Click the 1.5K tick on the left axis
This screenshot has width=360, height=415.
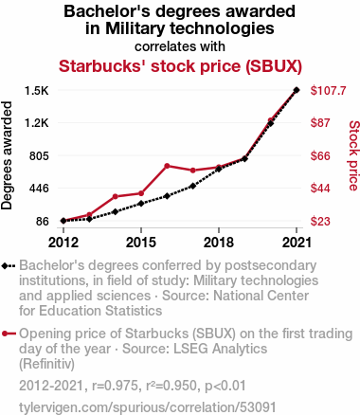pyautogui.click(x=37, y=91)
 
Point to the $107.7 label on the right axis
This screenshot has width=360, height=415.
pyautogui.click(x=329, y=91)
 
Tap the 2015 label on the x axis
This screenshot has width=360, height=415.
pyautogui.click(x=141, y=243)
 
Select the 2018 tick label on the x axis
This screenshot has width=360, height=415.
pyautogui.click(x=219, y=243)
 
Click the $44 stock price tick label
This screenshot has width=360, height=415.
pyautogui.click(x=320, y=189)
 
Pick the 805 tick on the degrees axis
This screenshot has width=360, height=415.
pyautogui.click(x=39, y=156)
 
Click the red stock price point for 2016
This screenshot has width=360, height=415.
pyautogui.click(x=167, y=166)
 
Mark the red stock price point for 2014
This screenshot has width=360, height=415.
pyautogui.click(x=116, y=196)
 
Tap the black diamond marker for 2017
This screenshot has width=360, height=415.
pyautogui.click(x=193, y=186)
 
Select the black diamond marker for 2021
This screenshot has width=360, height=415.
pyautogui.click(x=297, y=90)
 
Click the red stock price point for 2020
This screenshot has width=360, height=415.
pyautogui.click(x=270, y=120)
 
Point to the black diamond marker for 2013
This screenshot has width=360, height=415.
pyautogui.click(x=89, y=219)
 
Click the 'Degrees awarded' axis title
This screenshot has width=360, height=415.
pyautogui.click(x=7, y=155)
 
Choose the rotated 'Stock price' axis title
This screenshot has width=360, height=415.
pyautogui.click(x=354, y=155)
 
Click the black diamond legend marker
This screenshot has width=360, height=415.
pyautogui.click(x=5, y=265)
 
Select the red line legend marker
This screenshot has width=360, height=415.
pyautogui.click(x=9, y=334)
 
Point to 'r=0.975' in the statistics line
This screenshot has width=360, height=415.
pyautogui.click(x=115, y=386)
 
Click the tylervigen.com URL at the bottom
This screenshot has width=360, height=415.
pyautogui.click(x=148, y=407)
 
